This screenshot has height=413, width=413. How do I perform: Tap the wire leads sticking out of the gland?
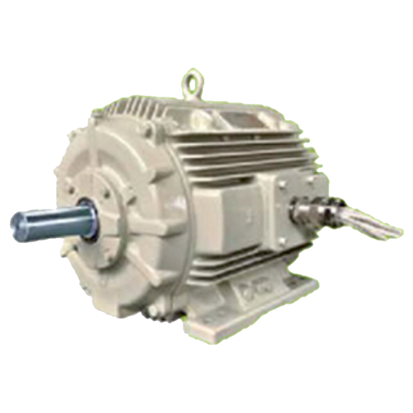tap(367, 220)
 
